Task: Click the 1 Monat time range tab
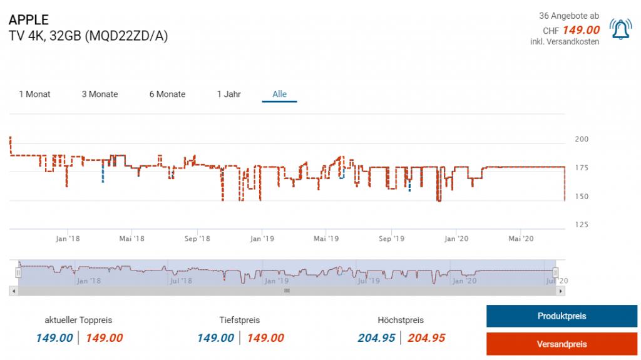click(34, 95)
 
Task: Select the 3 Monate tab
click(100, 95)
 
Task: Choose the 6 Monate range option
click(167, 95)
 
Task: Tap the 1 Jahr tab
click(228, 95)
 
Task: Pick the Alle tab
click(279, 95)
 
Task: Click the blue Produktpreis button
click(562, 316)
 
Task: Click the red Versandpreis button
click(562, 344)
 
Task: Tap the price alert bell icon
click(621, 30)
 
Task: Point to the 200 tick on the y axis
click(582, 140)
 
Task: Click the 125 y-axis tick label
click(582, 225)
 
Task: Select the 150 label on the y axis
click(582, 197)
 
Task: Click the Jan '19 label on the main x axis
click(262, 239)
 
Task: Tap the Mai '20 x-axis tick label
click(521, 239)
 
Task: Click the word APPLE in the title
click(29, 20)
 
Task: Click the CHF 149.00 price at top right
click(571, 30)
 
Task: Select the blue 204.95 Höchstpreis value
click(376, 338)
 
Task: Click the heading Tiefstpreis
click(240, 320)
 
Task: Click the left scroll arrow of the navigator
click(13, 291)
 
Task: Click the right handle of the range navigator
click(555, 272)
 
